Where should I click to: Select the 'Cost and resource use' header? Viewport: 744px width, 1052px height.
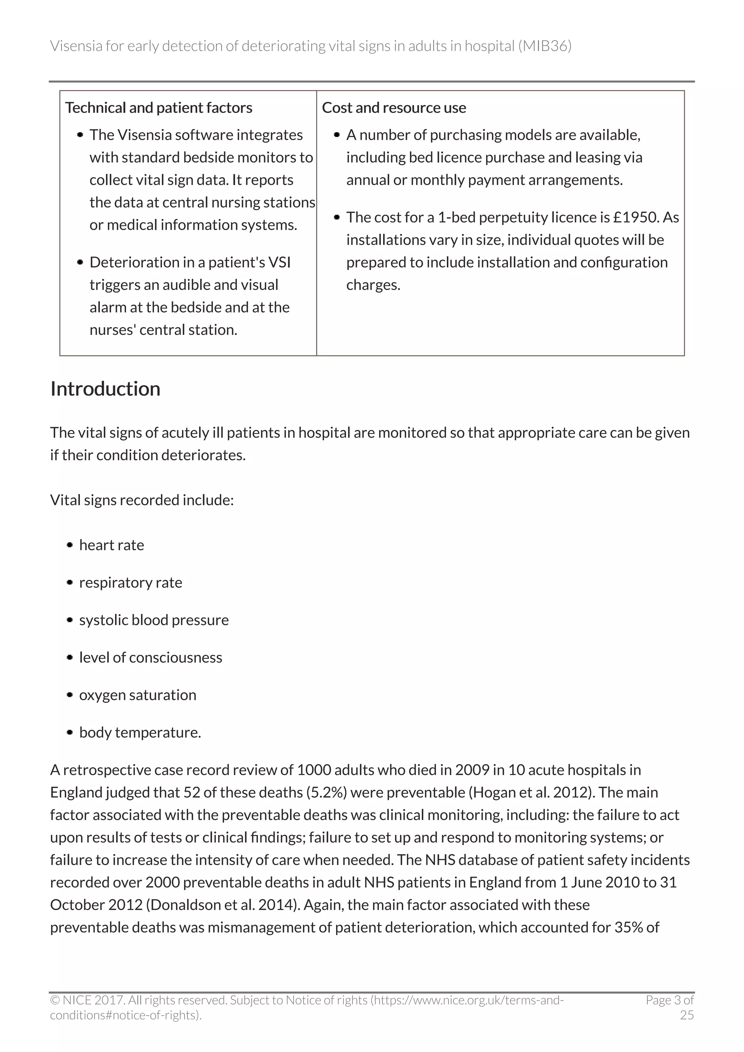click(x=393, y=108)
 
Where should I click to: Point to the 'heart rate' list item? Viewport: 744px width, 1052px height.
click(x=112, y=545)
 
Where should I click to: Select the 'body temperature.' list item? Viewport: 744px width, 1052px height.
click(x=140, y=732)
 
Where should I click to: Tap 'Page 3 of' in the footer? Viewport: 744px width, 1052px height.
click(x=669, y=1000)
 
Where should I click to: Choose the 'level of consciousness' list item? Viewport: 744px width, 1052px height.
click(x=150, y=657)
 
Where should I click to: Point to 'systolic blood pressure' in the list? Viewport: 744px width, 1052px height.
click(x=154, y=620)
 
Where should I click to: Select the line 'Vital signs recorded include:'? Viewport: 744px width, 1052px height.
click(x=142, y=500)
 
